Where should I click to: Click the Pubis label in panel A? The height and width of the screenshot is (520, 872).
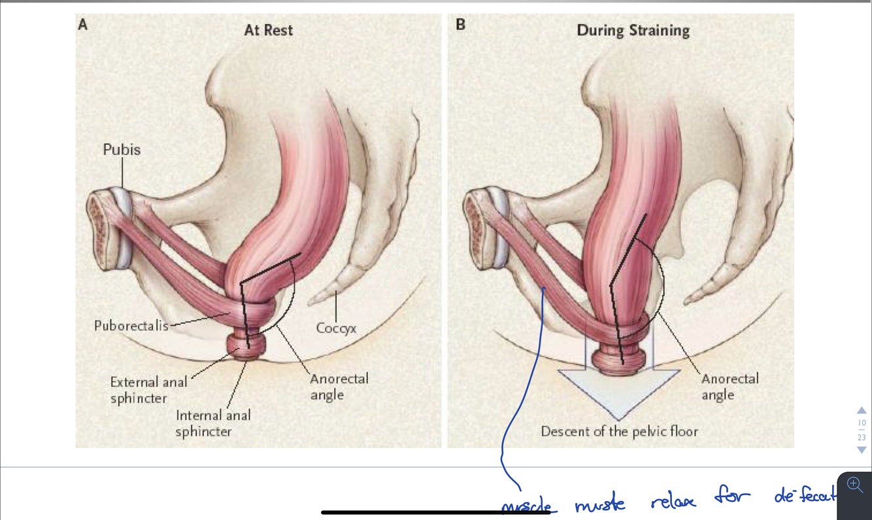point(122,149)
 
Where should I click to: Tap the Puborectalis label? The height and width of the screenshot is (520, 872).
point(131,325)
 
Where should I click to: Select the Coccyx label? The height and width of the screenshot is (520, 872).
point(336,328)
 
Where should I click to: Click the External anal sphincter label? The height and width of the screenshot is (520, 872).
point(148,390)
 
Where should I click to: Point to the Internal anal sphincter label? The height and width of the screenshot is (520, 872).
point(213,423)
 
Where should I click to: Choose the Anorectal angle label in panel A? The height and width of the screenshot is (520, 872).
point(339,387)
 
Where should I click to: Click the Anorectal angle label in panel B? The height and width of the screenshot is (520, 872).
point(729,387)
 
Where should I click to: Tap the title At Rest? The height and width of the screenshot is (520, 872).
point(268,30)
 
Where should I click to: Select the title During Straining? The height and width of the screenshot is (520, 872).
point(633,30)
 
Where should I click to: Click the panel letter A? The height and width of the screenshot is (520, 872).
point(82,25)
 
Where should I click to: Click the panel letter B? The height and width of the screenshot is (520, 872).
point(460,25)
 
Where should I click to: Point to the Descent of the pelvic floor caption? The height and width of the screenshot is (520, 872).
point(619,432)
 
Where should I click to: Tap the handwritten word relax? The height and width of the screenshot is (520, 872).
point(673,500)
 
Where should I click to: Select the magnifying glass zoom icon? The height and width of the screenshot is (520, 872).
point(854,485)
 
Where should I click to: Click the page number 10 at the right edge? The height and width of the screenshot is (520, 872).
point(862,423)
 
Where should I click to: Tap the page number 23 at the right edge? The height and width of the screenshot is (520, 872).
point(862,437)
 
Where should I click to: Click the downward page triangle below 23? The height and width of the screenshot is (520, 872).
point(862,450)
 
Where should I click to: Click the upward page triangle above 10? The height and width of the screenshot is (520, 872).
point(862,410)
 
